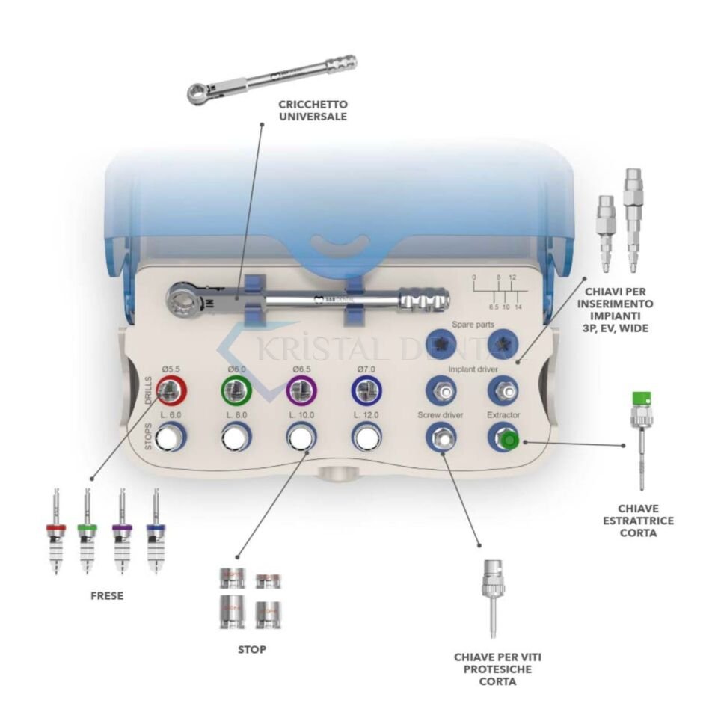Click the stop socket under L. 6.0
[172, 438]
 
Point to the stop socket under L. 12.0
[366, 438]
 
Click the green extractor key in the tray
[509, 439]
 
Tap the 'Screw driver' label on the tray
[441, 414]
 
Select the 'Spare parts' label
[473, 325]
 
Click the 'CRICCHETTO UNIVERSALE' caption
[319, 110]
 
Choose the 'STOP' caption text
[251, 650]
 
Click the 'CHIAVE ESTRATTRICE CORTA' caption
[639, 521]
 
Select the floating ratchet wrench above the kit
[271, 79]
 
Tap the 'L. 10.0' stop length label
[301, 414]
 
